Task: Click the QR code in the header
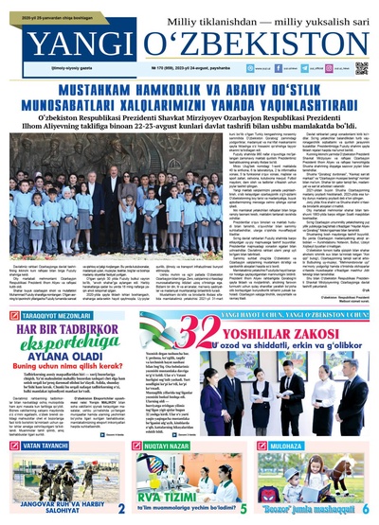(x=360, y=69)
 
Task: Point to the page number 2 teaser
(x=121, y=508)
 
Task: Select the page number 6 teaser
(x=366, y=508)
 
